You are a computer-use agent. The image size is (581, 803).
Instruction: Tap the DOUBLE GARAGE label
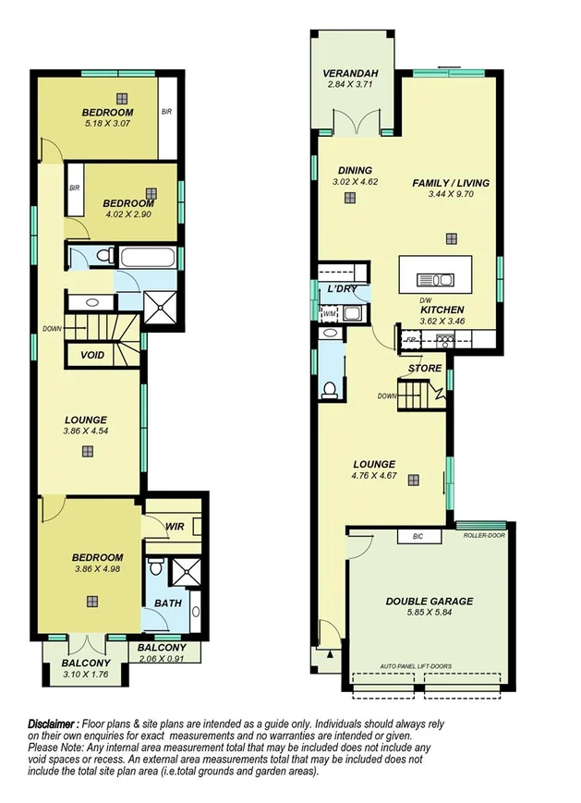point(429,602)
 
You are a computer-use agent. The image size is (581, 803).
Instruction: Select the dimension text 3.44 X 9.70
point(450,196)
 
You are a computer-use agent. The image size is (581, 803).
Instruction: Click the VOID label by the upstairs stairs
point(92,355)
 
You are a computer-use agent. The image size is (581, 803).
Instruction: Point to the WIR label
point(175,526)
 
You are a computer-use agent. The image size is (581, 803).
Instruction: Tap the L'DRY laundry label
point(342,289)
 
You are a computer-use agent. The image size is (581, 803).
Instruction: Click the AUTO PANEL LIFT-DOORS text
point(429,665)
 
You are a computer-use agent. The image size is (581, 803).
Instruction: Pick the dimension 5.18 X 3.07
point(109,125)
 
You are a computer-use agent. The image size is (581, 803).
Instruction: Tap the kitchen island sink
point(435,279)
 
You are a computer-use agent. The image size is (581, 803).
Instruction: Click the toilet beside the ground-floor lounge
point(329,389)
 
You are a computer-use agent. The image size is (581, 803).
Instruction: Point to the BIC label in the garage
point(417,536)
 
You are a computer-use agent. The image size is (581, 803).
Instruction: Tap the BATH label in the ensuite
point(168,602)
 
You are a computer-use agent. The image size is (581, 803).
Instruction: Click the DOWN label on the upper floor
point(51,328)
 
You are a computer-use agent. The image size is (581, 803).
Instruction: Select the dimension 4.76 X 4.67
point(374,477)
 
